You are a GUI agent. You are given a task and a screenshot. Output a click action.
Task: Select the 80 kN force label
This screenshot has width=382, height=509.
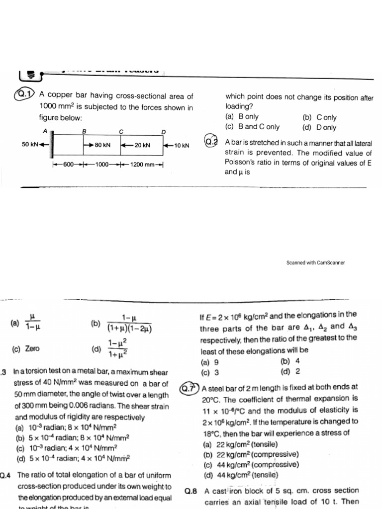tap(102, 145)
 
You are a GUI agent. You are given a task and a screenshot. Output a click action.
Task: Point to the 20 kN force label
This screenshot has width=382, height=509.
tap(142, 145)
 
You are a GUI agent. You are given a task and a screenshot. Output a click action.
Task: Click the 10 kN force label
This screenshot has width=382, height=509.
tap(182, 145)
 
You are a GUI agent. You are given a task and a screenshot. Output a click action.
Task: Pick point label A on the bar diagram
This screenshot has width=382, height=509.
tap(45, 131)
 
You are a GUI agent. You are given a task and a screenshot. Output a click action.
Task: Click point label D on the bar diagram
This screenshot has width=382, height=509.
tap(163, 131)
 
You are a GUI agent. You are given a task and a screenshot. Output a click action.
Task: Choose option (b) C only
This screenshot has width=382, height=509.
tap(319, 117)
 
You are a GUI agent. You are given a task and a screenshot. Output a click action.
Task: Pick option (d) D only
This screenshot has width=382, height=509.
tap(319, 127)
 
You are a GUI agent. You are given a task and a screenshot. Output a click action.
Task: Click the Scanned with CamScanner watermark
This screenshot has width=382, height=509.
tap(315, 262)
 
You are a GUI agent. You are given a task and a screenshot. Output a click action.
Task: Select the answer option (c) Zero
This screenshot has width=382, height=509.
tap(25, 348)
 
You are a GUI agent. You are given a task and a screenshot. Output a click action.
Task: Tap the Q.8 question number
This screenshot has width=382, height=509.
tap(191, 491)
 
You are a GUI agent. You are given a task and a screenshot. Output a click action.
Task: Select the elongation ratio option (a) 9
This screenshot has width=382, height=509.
tap(209, 362)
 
